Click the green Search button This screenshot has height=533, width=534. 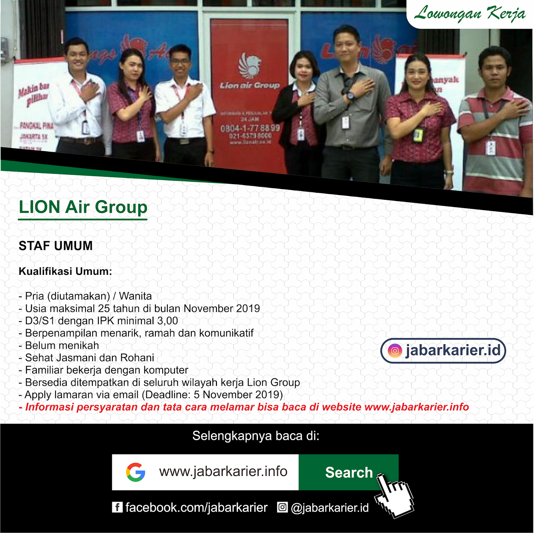(x=348, y=472)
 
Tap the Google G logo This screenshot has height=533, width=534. (x=136, y=472)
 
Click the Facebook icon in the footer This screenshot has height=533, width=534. (x=117, y=507)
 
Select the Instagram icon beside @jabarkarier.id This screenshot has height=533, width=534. (x=282, y=507)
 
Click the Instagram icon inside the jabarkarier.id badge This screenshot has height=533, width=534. (x=395, y=351)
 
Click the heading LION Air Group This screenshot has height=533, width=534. (x=83, y=207)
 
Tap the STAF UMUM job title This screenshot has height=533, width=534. (x=56, y=246)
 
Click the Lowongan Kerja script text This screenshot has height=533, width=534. (x=470, y=14)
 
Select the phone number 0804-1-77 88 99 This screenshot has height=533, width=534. (x=250, y=128)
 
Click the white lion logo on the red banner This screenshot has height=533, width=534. (x=249, y=65)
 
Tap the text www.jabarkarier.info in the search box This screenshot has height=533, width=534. (x=223, y=472)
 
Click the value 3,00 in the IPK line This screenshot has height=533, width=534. (x=168, y=321)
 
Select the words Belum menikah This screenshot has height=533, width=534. (x=62, y=346)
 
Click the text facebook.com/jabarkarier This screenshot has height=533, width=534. (x=196, y=508)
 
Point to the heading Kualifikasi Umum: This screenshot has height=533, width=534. (x=65, y=271)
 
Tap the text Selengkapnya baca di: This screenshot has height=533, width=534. (x=256, y=436)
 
